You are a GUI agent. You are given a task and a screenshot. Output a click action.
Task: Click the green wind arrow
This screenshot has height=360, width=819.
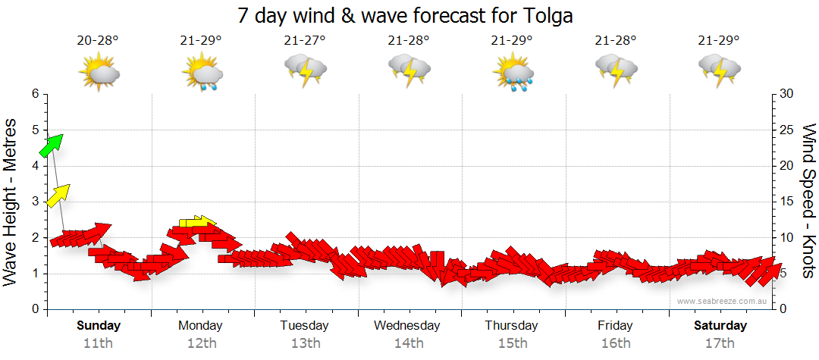(x=51, y=145)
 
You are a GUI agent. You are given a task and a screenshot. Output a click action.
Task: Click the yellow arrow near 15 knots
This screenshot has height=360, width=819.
(x=58, y=195)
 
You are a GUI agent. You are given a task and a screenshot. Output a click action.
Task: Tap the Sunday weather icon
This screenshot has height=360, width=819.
(x=99, y=73)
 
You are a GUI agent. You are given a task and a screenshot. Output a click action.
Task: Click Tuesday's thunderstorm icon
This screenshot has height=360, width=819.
(x=306, y=70)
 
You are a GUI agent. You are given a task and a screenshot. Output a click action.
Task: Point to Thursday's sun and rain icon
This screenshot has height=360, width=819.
(x=513, y=73)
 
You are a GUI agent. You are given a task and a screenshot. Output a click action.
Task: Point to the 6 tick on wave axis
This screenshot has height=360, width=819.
(x=34, y=94)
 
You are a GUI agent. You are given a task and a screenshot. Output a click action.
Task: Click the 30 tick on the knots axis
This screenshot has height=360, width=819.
(x=787, y=94)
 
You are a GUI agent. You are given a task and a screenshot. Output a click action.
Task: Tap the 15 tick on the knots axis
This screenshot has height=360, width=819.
(x=787, y=202)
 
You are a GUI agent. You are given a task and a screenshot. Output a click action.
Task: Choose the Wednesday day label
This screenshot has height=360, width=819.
(x=407, y=326)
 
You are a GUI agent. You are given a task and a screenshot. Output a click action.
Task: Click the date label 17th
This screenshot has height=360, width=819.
(x=720, y=343)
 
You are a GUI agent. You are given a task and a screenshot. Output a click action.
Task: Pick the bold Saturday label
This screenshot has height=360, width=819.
(x=720, y=326)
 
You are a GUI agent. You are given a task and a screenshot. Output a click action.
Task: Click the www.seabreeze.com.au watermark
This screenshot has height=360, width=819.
(x=723, y=301)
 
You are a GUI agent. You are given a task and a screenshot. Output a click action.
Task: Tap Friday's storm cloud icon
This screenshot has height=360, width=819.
(x=616, y=70)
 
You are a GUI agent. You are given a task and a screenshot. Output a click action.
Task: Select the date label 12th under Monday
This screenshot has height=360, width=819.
(x=200, y=343)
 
